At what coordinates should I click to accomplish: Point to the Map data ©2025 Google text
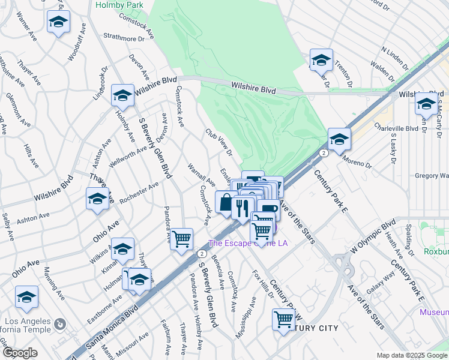pos(412,355)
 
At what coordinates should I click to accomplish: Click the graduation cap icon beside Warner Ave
pos(58,22)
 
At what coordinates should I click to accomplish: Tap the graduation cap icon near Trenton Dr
pos(321,59)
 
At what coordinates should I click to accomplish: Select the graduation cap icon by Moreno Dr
pos(339,139)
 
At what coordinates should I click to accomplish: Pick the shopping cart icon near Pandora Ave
pos(181,238)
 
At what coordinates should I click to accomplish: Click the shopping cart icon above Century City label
pos(284,319)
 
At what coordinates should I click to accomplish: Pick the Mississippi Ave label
pos(246,317)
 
